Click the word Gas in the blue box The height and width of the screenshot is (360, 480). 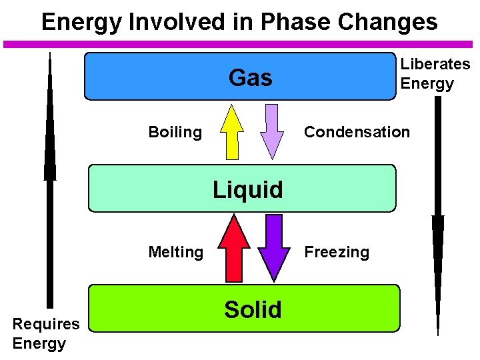(250, 78)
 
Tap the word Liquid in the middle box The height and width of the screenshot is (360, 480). (248, 190)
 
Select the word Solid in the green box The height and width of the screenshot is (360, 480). (253, 309)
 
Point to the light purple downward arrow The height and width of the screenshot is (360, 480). (271, 131)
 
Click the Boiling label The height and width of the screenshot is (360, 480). (175, 132)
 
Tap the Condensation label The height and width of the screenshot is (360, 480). (357, 132)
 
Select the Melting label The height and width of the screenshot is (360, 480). (175, 252)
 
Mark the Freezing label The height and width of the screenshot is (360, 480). (337, 252)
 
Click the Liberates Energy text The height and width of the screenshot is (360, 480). (435, 74)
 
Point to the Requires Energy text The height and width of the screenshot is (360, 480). (46, 333)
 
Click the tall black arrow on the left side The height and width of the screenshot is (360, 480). (50, 187)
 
